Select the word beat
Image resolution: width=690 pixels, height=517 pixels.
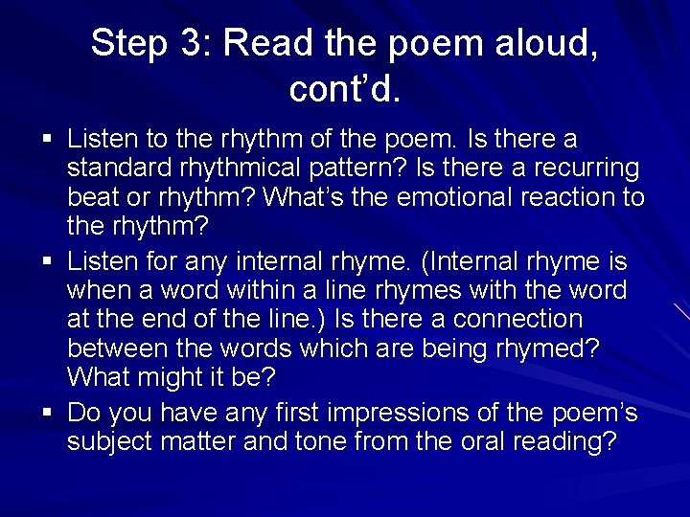tap(91, 198)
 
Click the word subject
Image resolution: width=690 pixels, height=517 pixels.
tap(111, 442)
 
